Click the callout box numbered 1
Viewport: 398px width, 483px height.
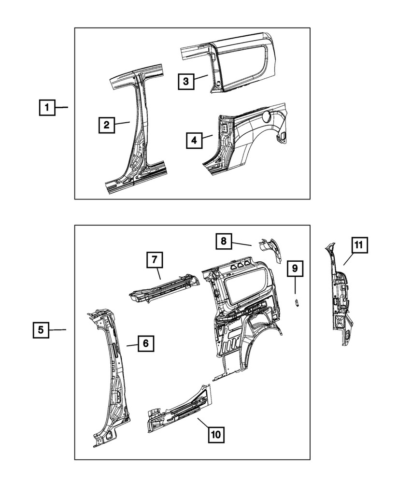point(47,107)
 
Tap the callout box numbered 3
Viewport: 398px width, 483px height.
point(185,81)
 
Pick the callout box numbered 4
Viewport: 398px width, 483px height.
point(194,140)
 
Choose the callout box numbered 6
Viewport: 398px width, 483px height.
point(145,344)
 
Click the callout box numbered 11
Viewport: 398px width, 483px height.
point(358,245)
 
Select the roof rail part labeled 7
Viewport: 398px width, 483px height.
point(164,290)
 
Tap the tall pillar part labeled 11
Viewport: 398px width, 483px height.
point(341,299)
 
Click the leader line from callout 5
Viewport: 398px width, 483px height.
point(57,330)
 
